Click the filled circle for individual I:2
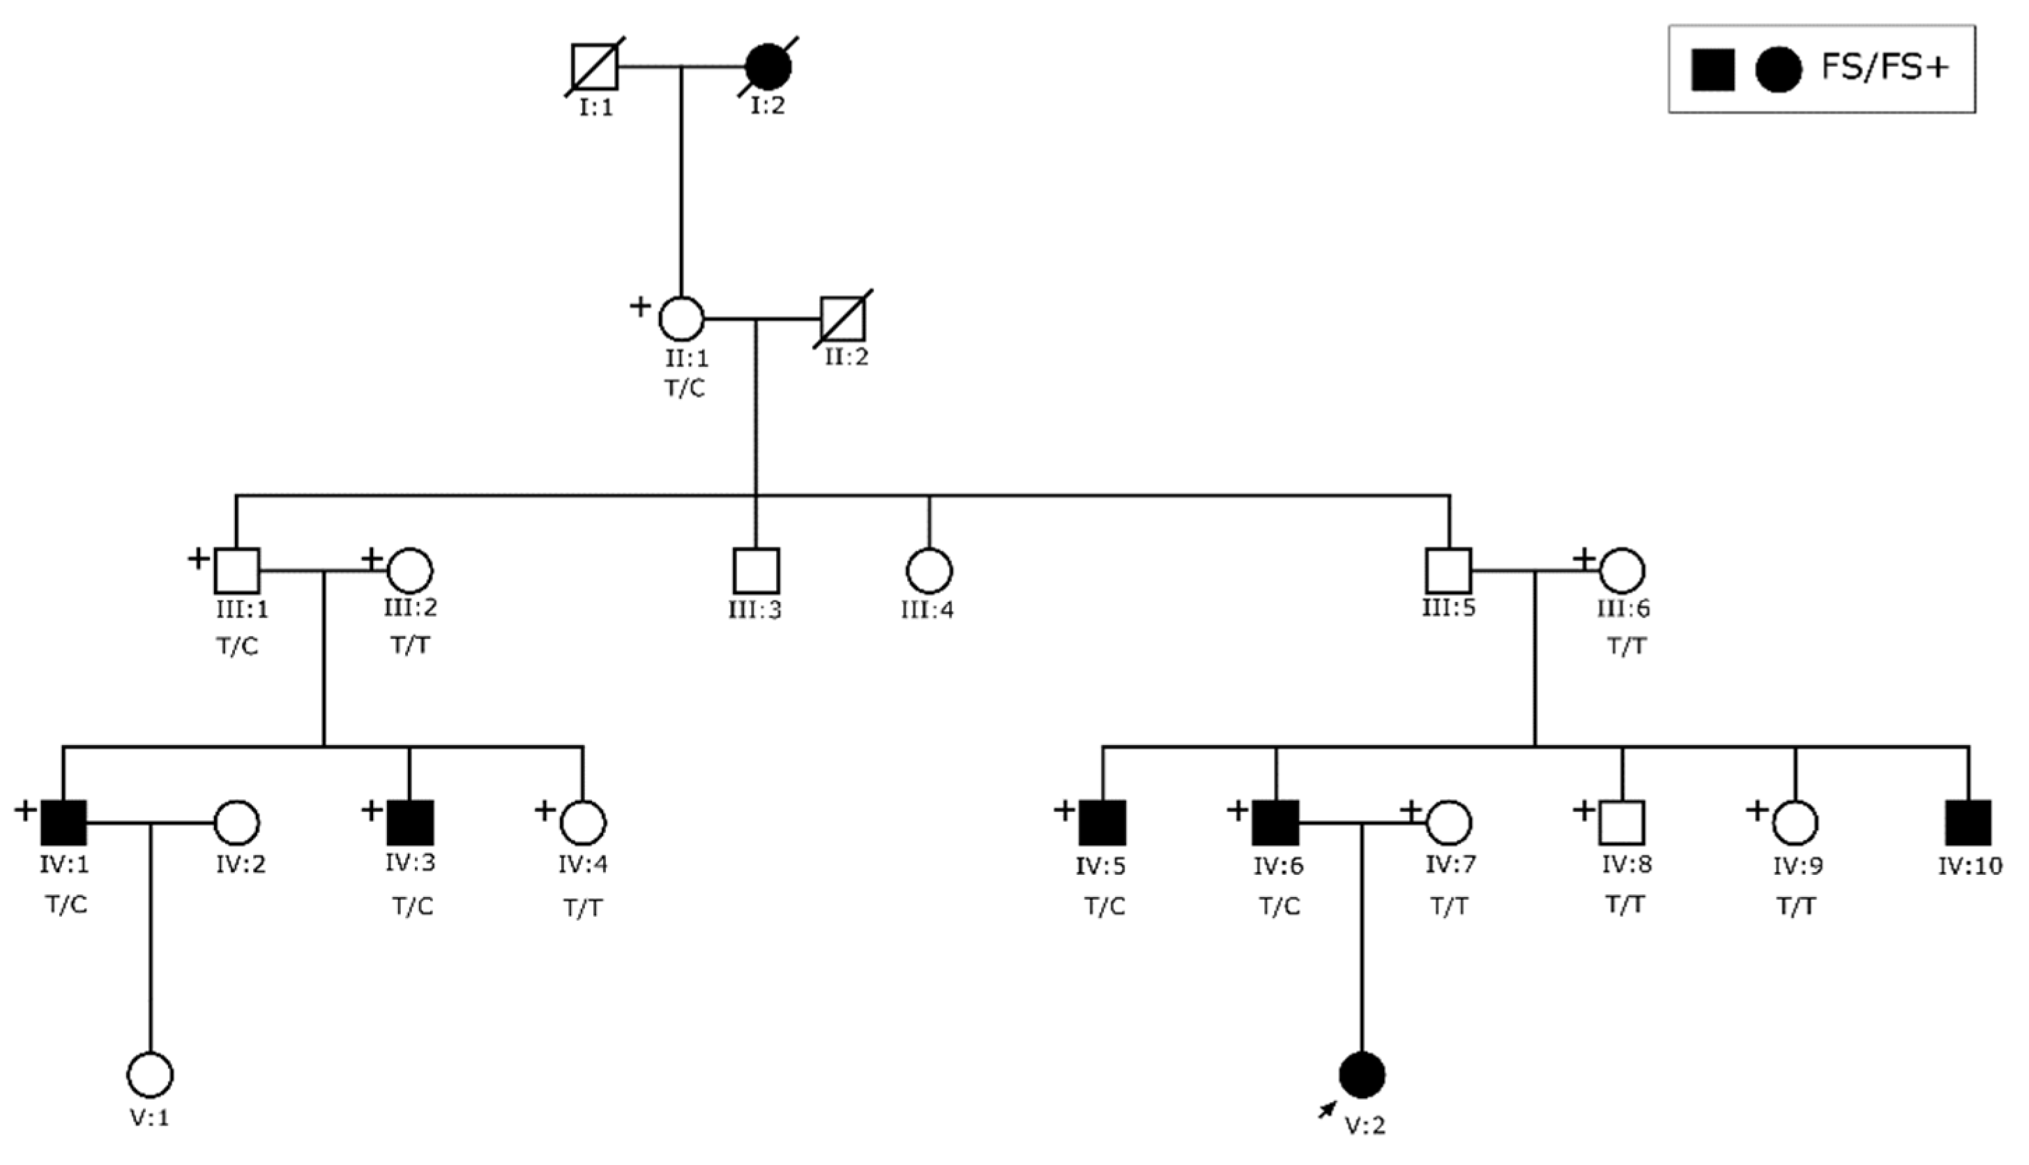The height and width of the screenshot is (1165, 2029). click(x=768, y=67)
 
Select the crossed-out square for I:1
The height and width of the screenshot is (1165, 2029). click(x=595, y=67)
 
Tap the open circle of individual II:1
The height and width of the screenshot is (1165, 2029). click(x=681, y=318)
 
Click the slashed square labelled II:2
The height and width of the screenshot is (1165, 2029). click(x=844, y=318)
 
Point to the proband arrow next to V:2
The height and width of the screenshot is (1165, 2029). click(x=1328, y=1109)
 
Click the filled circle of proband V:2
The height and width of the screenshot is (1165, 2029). click(x=1362, y=1074)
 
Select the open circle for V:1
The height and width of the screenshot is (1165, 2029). click(x=151, y=1074)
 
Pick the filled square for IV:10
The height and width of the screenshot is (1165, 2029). click(x=1968, y=822)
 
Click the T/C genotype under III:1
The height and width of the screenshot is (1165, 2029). click(x=238, y=646)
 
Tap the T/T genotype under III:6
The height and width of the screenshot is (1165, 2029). click(x=1627, y=646)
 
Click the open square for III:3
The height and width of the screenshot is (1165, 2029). click(x=756, y=571)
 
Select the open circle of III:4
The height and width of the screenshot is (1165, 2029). click(x=929, y=571)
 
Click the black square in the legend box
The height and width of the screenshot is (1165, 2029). click(x=1713, y=70)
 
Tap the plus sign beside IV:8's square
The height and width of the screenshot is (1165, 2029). click(x=1583, y=810)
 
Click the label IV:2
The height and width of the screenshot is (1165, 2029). click(x=240, y=864)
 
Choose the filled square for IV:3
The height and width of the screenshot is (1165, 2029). click(x=410, y=822)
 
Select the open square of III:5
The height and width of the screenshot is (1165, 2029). click(x=1448, y=571)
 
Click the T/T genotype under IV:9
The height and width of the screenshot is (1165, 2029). click(x=1796, y=907)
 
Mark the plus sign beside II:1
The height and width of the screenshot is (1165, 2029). click(x=640, y=306)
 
